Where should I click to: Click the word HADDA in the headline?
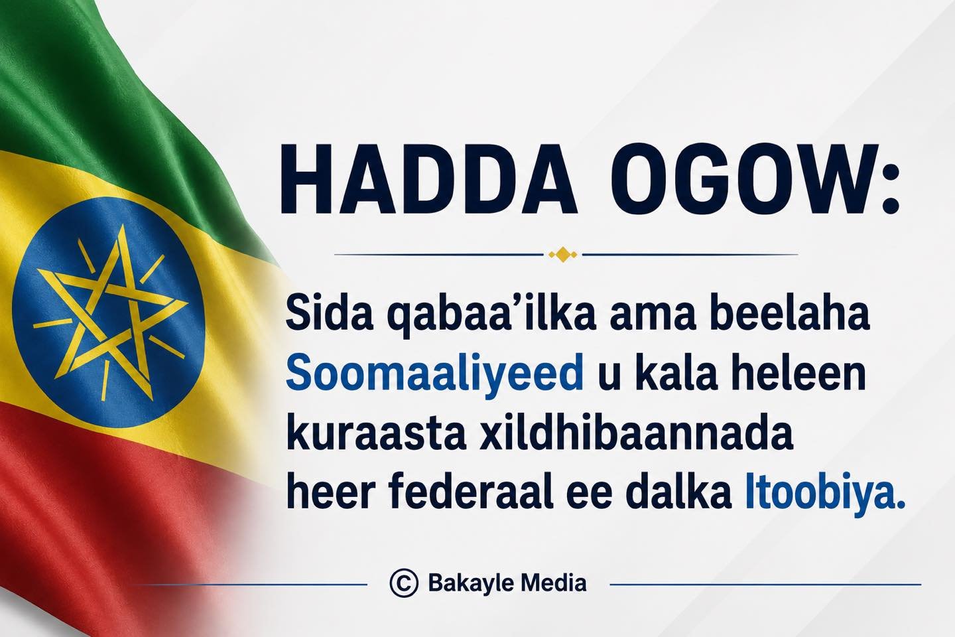(428, 178)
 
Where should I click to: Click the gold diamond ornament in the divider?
(563, 255)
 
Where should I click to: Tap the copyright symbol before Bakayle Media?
(404, 583)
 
